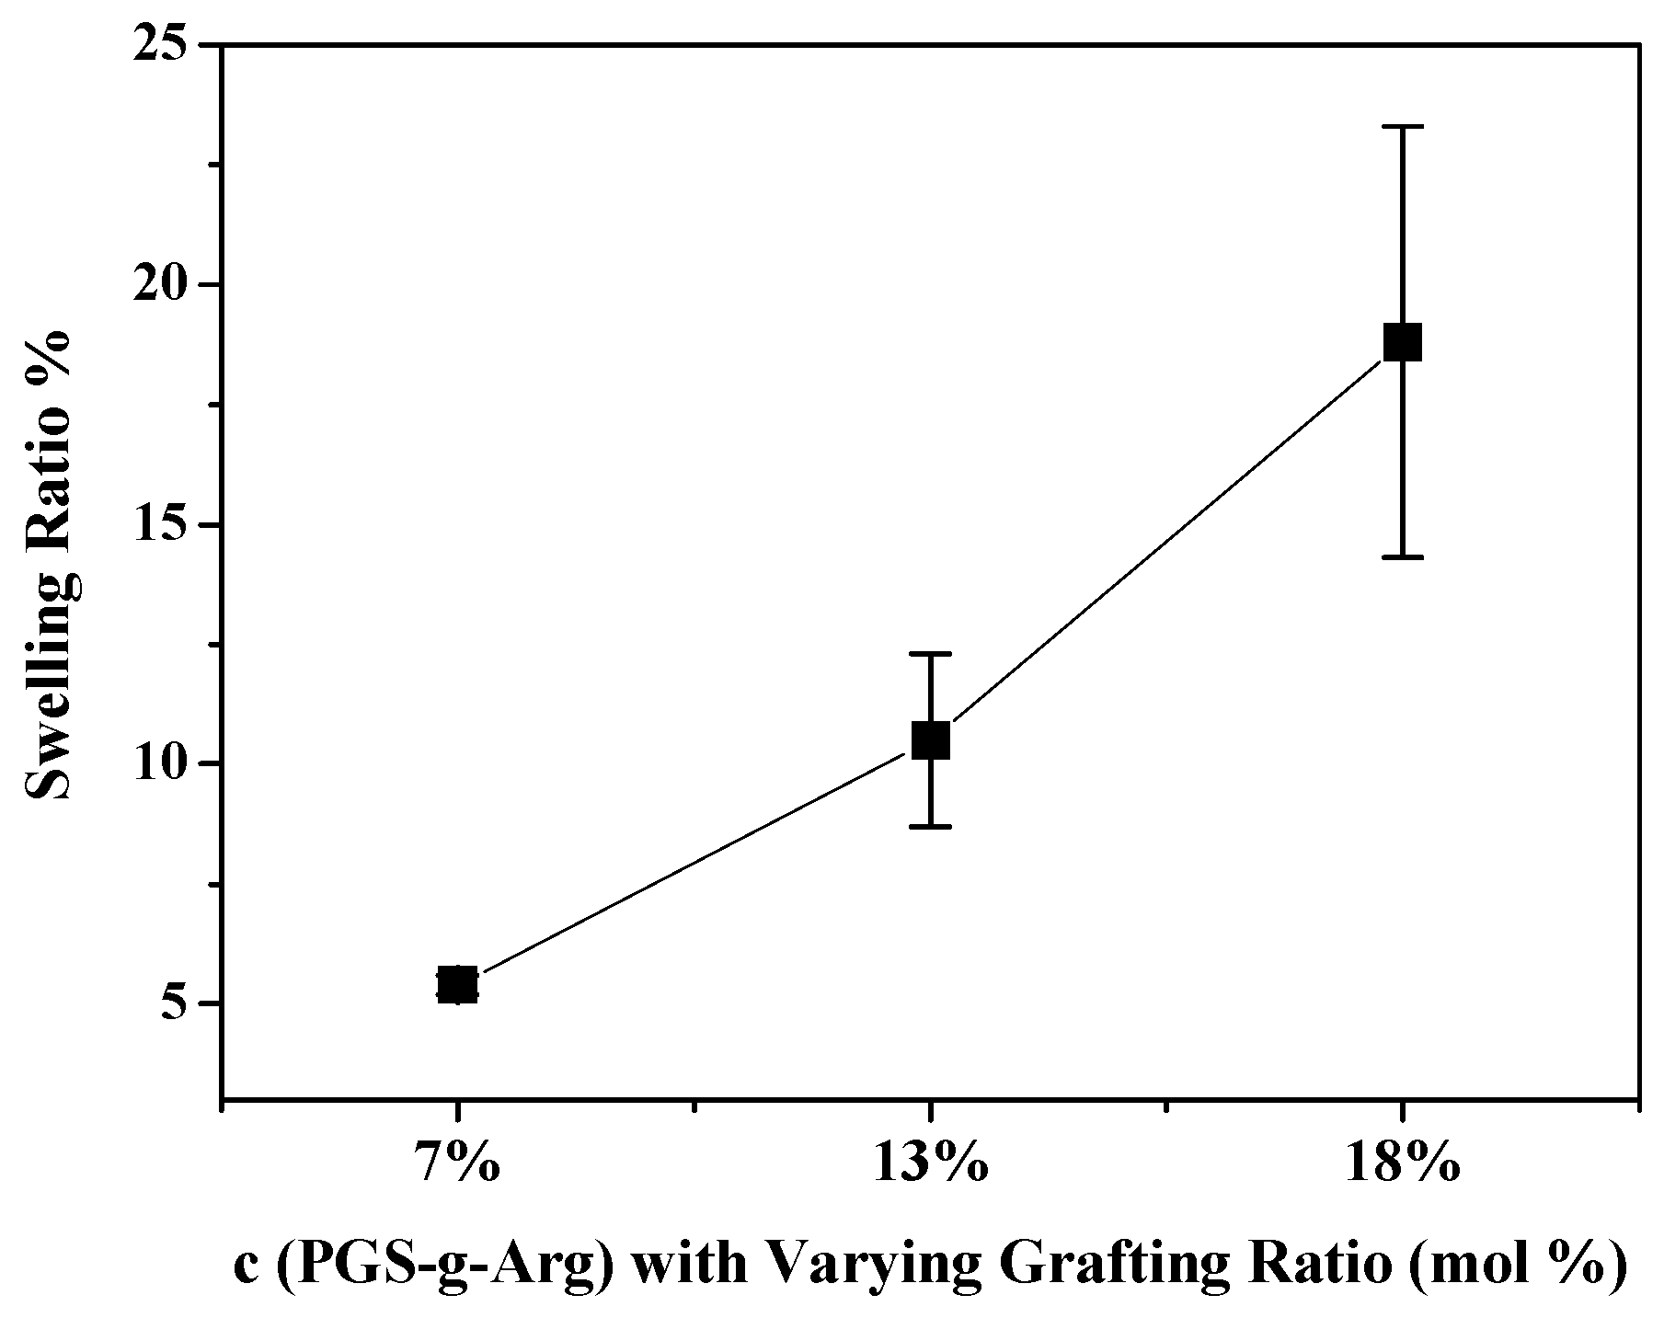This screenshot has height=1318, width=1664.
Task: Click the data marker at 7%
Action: point(457,985)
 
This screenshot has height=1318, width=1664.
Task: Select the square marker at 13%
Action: point(931,739)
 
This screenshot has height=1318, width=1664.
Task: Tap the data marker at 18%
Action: point(1403,342)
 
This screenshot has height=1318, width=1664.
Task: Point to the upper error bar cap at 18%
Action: point(1403,127)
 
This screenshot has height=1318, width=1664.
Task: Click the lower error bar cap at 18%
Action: point(1403,557)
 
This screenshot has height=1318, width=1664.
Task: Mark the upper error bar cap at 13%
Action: point(931,653)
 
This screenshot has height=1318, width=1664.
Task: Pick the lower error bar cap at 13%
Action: point(931,827)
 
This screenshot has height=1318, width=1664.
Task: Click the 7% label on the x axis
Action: point(457,1166)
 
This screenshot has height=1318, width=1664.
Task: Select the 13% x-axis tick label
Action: point(931,1166)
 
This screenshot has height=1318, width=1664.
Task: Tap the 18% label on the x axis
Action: point(1403,1166)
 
